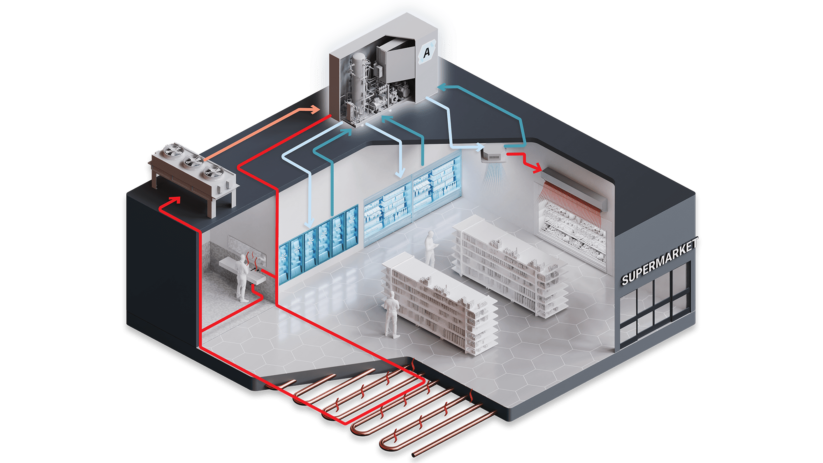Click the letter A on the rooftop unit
[427, 52]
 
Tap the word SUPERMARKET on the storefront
[660, 261]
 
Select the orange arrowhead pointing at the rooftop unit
[315, 109]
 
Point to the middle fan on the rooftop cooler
[193, 162]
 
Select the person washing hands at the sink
[242, 278]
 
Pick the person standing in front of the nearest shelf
[392, 315]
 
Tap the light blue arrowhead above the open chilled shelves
[400, 172]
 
